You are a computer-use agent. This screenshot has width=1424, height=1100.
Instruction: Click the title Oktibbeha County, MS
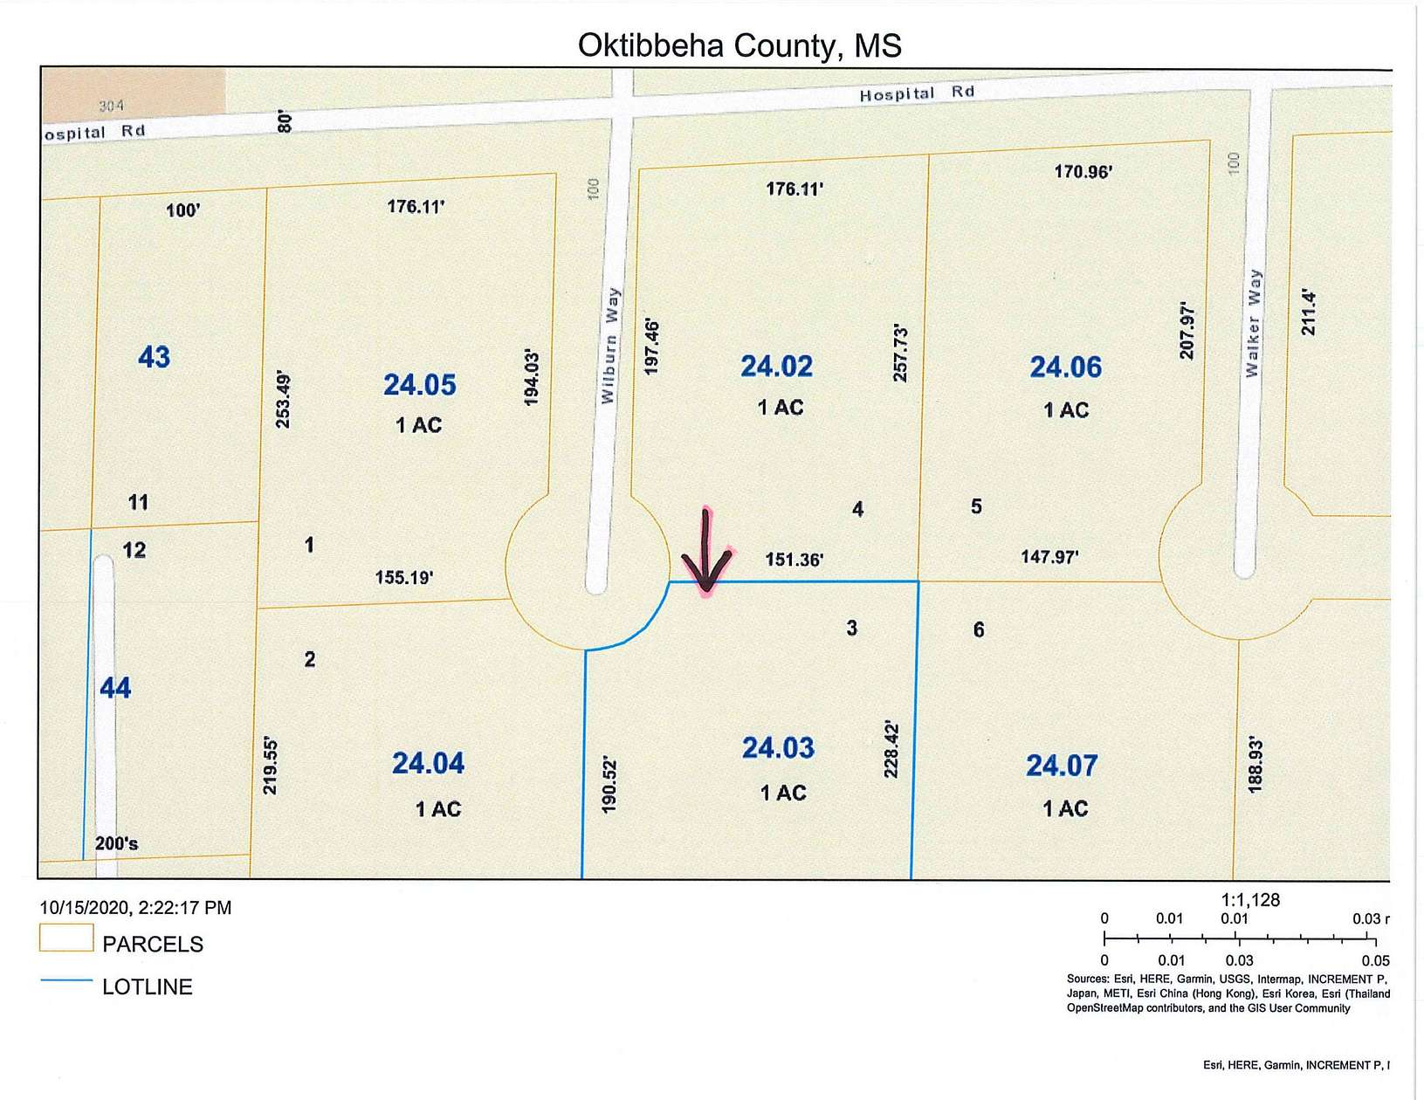[739, 45]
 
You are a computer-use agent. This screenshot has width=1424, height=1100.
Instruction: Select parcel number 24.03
[778, 748]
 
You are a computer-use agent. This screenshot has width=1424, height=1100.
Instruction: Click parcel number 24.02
[776, 367]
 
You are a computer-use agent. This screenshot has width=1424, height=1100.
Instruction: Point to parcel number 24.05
[420, 385]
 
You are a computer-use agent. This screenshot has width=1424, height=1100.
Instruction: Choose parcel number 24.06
[1065, 368]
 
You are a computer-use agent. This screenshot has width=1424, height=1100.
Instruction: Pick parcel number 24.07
[1061, 766]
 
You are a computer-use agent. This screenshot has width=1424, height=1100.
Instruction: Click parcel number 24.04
[428, 764]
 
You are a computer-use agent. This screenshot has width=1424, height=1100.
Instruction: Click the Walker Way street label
[1253, 323]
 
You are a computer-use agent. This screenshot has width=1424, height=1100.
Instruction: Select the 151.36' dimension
[795, 560]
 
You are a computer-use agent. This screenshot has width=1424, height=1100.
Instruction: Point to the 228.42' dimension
[891, 749]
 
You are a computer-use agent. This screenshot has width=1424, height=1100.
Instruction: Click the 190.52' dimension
[609, 786]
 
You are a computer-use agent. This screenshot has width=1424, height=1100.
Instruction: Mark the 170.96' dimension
[1083, 171]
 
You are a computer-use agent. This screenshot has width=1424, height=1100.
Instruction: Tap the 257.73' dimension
[901, 354]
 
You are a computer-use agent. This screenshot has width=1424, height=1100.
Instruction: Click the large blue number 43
[155, 357]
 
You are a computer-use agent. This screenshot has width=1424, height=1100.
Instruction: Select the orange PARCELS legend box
[66, 938]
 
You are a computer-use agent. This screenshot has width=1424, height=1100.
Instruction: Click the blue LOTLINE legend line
[66, 981]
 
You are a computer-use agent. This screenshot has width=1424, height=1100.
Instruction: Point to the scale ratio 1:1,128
[1250, 900]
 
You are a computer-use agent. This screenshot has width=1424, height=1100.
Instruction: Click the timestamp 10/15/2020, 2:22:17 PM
[135, 908]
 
